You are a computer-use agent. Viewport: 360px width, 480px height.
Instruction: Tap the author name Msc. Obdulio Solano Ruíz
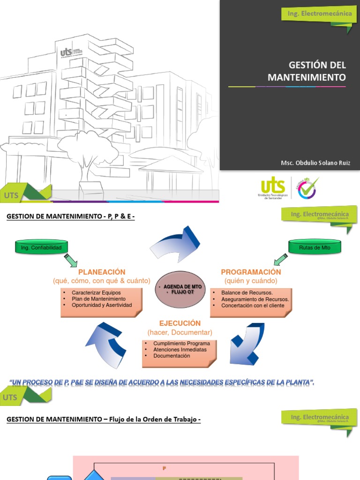[315, 163]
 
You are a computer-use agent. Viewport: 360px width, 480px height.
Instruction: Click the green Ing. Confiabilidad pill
[41, 247]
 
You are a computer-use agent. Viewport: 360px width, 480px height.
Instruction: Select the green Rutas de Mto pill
[315, 247]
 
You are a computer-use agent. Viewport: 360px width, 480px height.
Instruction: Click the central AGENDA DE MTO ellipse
[180, 290]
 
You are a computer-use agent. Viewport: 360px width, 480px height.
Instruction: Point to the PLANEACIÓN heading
[102, 272]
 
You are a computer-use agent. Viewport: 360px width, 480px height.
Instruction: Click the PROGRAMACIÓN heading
[251, 272]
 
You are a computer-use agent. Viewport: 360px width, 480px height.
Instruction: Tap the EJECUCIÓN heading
[180, 323]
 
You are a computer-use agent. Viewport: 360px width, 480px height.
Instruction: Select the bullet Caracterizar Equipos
[96, 292]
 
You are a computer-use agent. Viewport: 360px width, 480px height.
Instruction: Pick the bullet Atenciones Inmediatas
[180, 350]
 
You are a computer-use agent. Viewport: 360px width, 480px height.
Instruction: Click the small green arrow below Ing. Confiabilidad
[71, 260]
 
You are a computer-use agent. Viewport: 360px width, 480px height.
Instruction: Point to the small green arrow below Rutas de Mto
[280, 259]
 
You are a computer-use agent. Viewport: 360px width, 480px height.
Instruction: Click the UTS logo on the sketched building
[66, 52]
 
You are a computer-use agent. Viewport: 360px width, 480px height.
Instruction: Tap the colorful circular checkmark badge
[307, 187]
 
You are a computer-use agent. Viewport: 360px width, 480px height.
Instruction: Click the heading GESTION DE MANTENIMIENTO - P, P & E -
[70, 217]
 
